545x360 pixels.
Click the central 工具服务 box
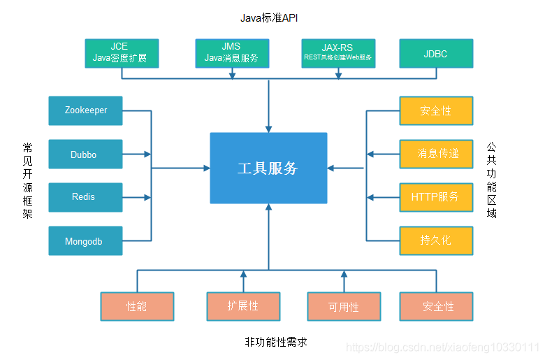[268, 168]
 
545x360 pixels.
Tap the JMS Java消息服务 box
[231, 53]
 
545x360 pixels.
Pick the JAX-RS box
[338, 53]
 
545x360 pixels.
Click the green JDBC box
[436, 53]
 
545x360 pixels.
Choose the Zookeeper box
[85, 110]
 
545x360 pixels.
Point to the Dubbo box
[85, 154]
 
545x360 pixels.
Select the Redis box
[85, 197]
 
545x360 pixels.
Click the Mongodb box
[85, 240]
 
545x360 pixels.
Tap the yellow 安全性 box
[436, 110]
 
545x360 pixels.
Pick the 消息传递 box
[436, 154]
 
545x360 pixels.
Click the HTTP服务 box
[436, 197]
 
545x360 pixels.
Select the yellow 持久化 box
[436, 240]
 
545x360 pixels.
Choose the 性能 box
[137, 306]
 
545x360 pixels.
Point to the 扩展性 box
[243, 306]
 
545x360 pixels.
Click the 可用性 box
[344, 306]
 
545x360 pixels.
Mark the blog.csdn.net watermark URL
[443, 347]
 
